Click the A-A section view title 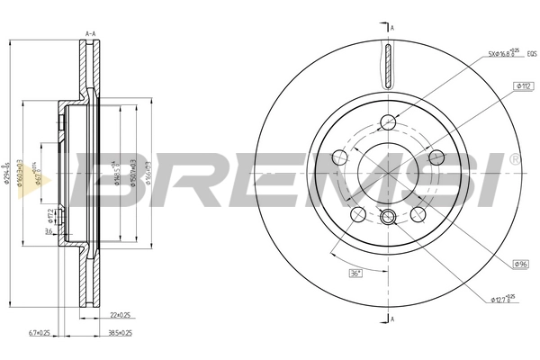coord(90,33)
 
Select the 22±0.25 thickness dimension coord(121,314)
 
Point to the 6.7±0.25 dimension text coord(42,332)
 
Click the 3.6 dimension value coord(47,231)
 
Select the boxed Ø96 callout coord(520,264)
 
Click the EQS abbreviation coord(532,53)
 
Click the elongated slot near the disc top coord(388,66)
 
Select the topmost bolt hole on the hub coord(388,123)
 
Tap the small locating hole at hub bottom coord(388,216)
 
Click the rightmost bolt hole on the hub coord(436,157)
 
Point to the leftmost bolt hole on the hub coord(340,157)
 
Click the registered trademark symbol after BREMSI coord(514,159)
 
